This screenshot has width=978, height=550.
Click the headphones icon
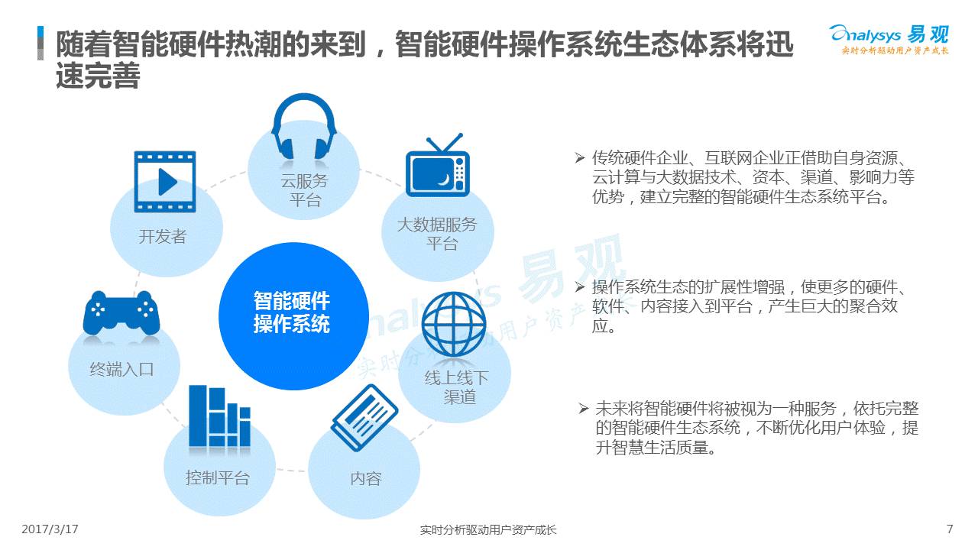[304, 127]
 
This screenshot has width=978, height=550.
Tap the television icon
[438, 165]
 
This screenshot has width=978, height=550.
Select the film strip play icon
[164, 182]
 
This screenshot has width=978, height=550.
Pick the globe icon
[454, 324]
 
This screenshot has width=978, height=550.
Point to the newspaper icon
[364, 418]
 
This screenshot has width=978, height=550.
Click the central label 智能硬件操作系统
[292, 312]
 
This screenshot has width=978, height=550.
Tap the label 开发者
[163, 237]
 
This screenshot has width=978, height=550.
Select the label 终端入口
[121, 369]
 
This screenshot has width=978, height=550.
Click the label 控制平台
[218, 477]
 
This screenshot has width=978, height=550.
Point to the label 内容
[366, 479]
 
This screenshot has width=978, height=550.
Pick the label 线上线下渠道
[457, 387]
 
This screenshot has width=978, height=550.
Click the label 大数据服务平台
[437, 234]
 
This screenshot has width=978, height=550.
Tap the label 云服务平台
[304, 190]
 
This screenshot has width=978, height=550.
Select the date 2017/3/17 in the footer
[50, 529]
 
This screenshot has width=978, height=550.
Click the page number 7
[950, 529]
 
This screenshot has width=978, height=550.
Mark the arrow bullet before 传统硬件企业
[580, 157]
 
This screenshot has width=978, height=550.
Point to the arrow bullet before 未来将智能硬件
[584, 409]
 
